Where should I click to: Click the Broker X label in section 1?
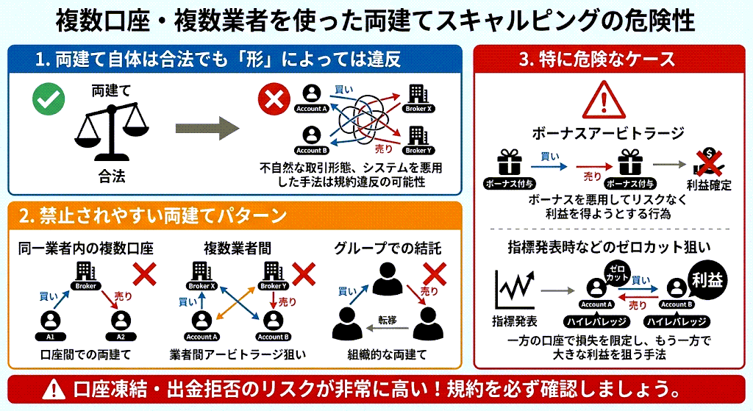[x=418, y=109]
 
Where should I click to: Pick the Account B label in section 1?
[x=311, y=150]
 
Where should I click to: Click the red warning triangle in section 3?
[x=608, y=101]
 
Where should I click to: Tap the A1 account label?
[x=50, y=336]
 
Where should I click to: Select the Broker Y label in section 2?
[x=273, y=286]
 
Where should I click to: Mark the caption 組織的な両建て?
[x=388, y=355]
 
